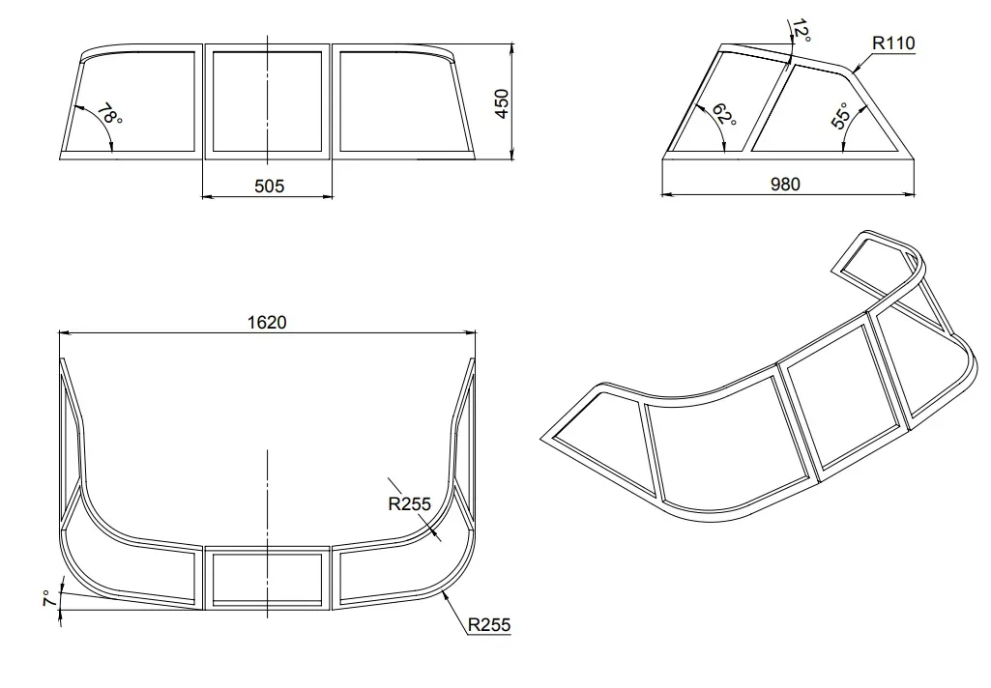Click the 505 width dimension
point(269,186)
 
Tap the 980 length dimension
point(786,184)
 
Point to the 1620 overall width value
point(267,322)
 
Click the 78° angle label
point(108,114)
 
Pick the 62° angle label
point(723,114)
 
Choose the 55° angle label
point(840,116)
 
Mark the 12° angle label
point(801,30)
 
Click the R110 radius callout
point(893,43)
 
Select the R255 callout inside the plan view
point(410,503)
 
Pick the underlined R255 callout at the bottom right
point(488,625)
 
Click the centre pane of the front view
point(268,101)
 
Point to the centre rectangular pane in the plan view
point(268,578)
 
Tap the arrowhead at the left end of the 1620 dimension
point(64,331)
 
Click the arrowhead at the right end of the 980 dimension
point(910,194)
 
